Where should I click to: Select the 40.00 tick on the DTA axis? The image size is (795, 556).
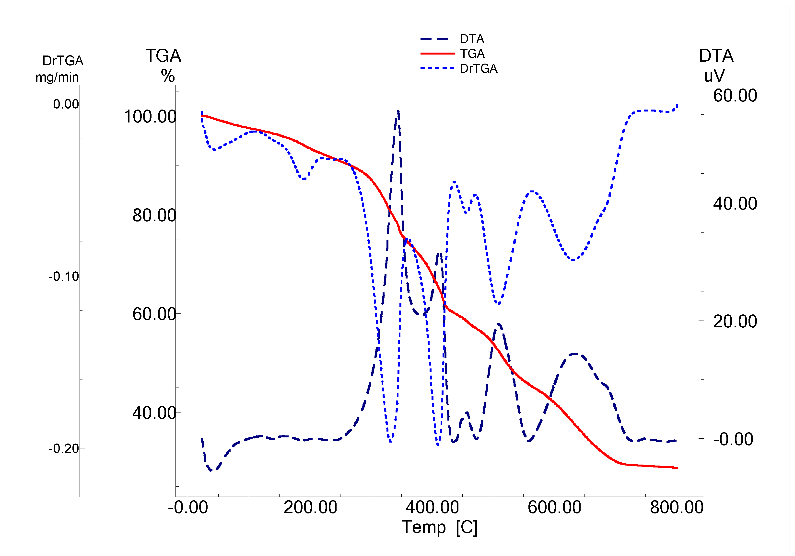[x=735, y=203]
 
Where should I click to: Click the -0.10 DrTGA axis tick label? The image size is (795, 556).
[x=64, y=277]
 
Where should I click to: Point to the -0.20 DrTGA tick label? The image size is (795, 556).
[x=64, y=449]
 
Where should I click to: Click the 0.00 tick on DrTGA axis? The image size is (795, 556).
[x=66, y=104]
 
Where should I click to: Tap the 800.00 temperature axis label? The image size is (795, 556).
[x=676, y=508]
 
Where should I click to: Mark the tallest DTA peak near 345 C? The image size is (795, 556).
[x=398, y=112]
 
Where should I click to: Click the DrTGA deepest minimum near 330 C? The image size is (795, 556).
[x=390, y=441]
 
